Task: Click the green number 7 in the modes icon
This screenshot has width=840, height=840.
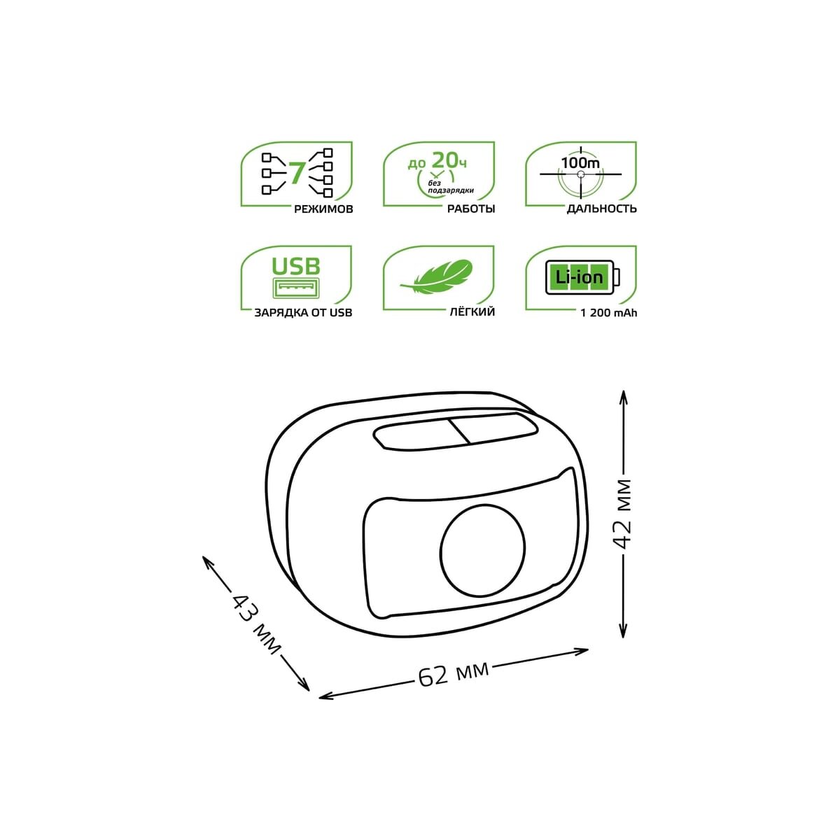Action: pyautogui.click(x=297, y=173)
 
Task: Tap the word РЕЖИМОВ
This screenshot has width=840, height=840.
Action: pyautogui.click(x=323, y=209)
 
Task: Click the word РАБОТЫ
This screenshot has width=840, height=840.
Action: pyautogui.click(x=471, y=209)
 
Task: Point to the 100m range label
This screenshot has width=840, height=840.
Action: pyautogui.click(x=580, y=163)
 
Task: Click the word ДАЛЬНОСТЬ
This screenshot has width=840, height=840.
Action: pyautogui.click(x=601, y=209)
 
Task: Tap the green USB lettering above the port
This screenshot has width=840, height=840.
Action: pyautogui.click(x=296, y=266)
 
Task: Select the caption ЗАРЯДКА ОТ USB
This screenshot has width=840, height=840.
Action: pyautogui.click(x=303, y=313)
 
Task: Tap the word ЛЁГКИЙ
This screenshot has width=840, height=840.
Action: pyautogui.click(x=472, y=312)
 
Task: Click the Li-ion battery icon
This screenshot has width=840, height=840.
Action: pyautogui.click(x=583, y=277)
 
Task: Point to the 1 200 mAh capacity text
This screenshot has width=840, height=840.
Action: pyautogui.click(x=608, y=313)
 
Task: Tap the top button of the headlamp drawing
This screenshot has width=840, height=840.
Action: pyautogui.click(x=456, y=431)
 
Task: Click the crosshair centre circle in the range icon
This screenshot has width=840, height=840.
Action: pyautogui.click(x=580, y=174)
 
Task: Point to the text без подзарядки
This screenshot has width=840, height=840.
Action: pyautogui.click(x=451, y=187)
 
